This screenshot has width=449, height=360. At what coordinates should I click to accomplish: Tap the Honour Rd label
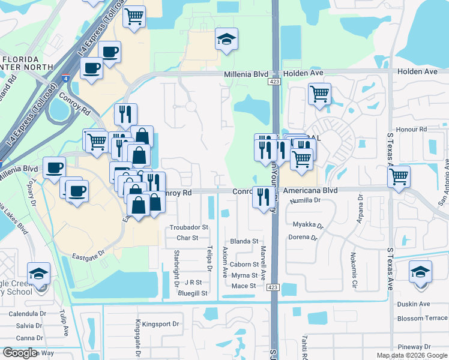point(414,129)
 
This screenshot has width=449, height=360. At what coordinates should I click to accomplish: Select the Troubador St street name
point(188,227)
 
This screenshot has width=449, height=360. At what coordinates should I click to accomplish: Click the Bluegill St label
point(192,293)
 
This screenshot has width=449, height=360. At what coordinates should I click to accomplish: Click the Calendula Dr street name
point(27,314)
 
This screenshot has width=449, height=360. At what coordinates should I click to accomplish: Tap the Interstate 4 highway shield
point(65,78)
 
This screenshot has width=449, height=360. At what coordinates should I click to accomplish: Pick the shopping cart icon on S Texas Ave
point(399,177)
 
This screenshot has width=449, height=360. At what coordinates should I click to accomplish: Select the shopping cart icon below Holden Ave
point(319,93)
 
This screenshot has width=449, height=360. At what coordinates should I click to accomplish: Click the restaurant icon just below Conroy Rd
point(263,197)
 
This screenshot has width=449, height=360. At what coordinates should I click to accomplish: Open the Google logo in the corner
point(20,353)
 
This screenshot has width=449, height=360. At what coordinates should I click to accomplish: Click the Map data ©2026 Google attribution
point(411,355)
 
